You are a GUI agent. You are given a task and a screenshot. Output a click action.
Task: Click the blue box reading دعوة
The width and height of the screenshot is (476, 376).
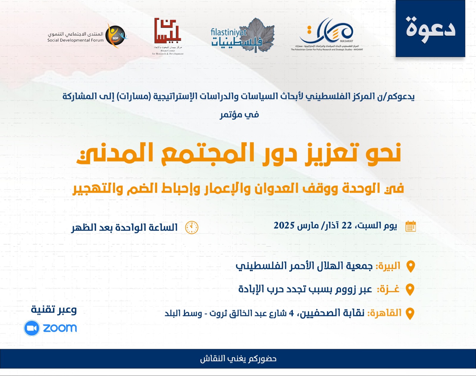click(x=430, y=29)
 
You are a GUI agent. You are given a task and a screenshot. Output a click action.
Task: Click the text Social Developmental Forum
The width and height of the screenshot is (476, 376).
click(x=76, y=40)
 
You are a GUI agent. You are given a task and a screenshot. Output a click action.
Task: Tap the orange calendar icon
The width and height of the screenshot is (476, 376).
click(x=411, y=226)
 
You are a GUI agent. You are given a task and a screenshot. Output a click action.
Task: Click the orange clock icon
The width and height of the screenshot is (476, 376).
click(x=192, y=228)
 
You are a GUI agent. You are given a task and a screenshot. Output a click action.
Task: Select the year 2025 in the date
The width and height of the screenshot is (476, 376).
click(x=284, y=225)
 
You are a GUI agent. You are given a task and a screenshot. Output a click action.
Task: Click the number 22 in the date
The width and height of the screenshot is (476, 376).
click(x=347, y=225)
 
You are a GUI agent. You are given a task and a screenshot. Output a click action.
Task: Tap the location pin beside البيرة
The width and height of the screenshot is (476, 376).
click(x=411, y=266)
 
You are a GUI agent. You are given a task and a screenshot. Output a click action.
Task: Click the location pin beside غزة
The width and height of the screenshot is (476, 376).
click(x=410, y=289)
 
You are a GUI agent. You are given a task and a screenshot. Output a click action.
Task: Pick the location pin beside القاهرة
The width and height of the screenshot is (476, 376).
click(x=410, y=313)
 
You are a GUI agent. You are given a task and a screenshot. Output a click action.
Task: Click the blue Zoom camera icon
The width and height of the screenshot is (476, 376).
click(x=32, y=328)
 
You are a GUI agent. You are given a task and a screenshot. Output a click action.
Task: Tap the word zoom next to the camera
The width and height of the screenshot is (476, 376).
click(x=60, y=328)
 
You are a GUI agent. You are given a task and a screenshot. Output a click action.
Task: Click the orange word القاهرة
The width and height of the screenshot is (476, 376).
click(x=384, y=313)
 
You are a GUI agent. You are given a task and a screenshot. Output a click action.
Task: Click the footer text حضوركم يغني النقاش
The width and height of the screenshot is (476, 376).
click(x=238, y=359)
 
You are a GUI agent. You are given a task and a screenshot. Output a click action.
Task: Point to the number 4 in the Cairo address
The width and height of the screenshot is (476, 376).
click(x=291, y=313)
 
